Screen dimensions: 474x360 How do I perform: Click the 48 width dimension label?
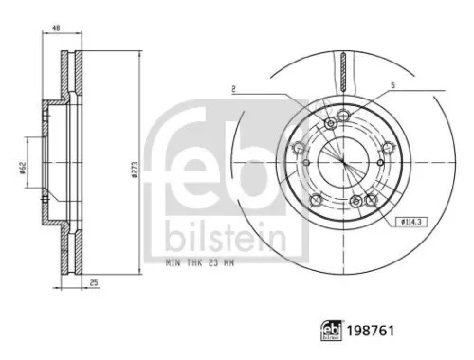tap(56, 28)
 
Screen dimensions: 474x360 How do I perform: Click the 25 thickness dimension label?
tap(94, 282)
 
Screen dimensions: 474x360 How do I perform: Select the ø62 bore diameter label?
tap(22, 168)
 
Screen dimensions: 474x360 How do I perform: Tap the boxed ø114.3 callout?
tap(411, 222)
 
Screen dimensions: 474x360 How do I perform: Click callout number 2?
tap(233, 89)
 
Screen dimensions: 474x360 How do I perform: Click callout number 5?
tap(392, 85)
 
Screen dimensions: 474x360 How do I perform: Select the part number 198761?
tap(371, 331)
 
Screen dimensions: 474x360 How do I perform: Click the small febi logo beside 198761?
tap(332, 331)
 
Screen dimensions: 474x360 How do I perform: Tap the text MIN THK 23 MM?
tap(200, 262)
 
